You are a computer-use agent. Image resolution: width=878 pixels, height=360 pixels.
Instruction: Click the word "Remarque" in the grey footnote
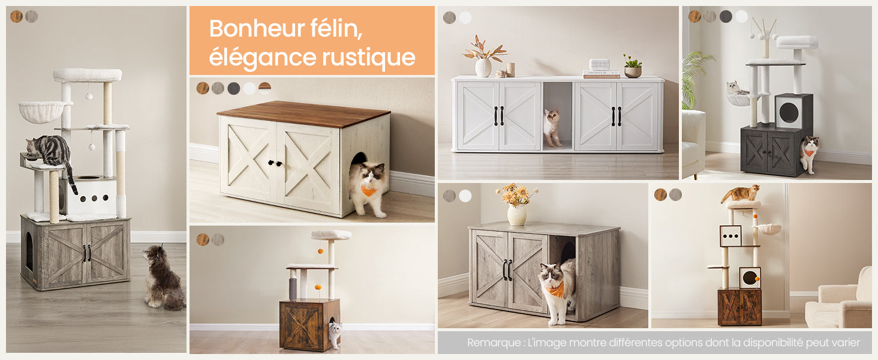coord(493,343)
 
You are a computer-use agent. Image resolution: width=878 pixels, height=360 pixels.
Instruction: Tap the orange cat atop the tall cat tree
coord(741,193)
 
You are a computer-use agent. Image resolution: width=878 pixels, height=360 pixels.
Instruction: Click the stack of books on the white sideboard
coord(601,74)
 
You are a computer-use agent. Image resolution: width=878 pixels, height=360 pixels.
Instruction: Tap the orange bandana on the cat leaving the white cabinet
coord(369,191)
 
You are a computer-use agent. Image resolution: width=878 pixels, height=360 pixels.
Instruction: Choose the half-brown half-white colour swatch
coord(264,88)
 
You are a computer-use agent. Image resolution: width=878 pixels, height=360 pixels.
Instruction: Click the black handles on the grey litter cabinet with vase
coord(507,270)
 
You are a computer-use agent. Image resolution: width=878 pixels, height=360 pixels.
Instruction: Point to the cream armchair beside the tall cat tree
coord(840,303)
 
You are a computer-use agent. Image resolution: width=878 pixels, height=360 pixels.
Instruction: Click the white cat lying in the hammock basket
coord(737,89)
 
